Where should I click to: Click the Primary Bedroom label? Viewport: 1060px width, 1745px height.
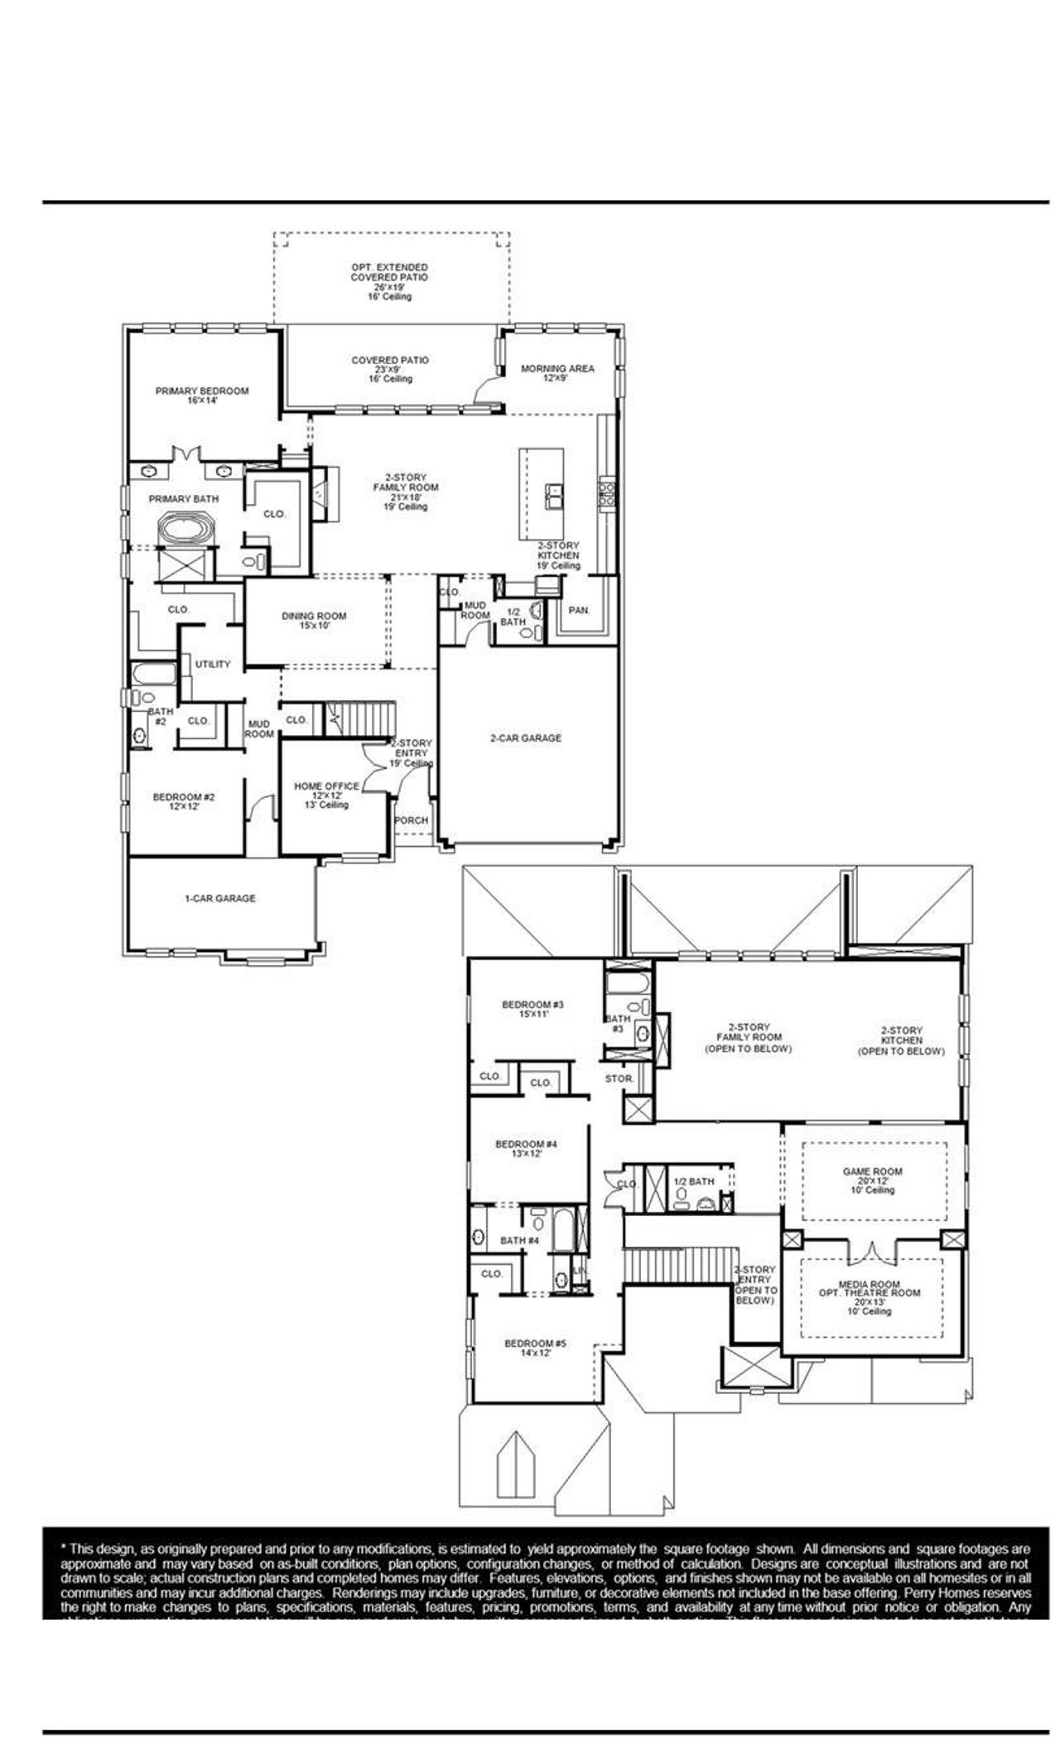click(x=202, y=396)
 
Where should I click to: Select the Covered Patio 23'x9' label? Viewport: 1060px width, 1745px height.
click(x=390, y=369)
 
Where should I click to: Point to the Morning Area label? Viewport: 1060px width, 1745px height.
click(x=556, y=373)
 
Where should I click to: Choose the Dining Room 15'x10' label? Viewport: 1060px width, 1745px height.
click(x=314, y=621)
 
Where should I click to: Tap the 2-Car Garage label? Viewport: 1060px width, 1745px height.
click(x=525, y=738)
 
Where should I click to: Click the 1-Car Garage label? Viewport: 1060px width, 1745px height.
click(x=219, y=898)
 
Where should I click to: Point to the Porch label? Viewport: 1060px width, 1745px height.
click(x=412, y=820)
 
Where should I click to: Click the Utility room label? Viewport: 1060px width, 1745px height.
click(x=213, y=664)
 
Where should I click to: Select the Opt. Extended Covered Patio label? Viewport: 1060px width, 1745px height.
click(x=389, y=272)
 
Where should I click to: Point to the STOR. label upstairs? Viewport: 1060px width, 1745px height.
click(x=619, y=1079)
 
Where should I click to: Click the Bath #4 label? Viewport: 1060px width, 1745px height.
click(x=519, y=1241)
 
